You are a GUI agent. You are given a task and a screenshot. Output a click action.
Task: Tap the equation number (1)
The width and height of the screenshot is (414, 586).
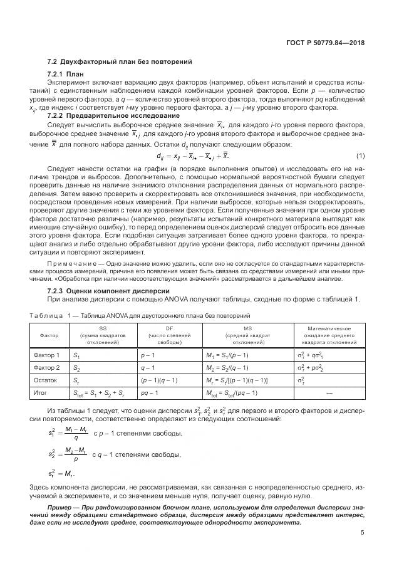(x=360, y=155)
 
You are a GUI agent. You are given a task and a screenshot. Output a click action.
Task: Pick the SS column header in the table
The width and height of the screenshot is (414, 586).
(x=103, y=328)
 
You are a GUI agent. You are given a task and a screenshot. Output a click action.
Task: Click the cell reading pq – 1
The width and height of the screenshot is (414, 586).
(x=150, y=393)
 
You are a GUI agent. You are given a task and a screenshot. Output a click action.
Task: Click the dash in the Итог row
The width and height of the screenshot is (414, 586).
(x=329, y=393)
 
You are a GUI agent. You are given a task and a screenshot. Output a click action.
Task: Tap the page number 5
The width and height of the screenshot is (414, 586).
(x=363, y=533)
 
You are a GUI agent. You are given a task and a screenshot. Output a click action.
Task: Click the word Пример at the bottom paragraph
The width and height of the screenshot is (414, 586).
(x=61, y=505)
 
